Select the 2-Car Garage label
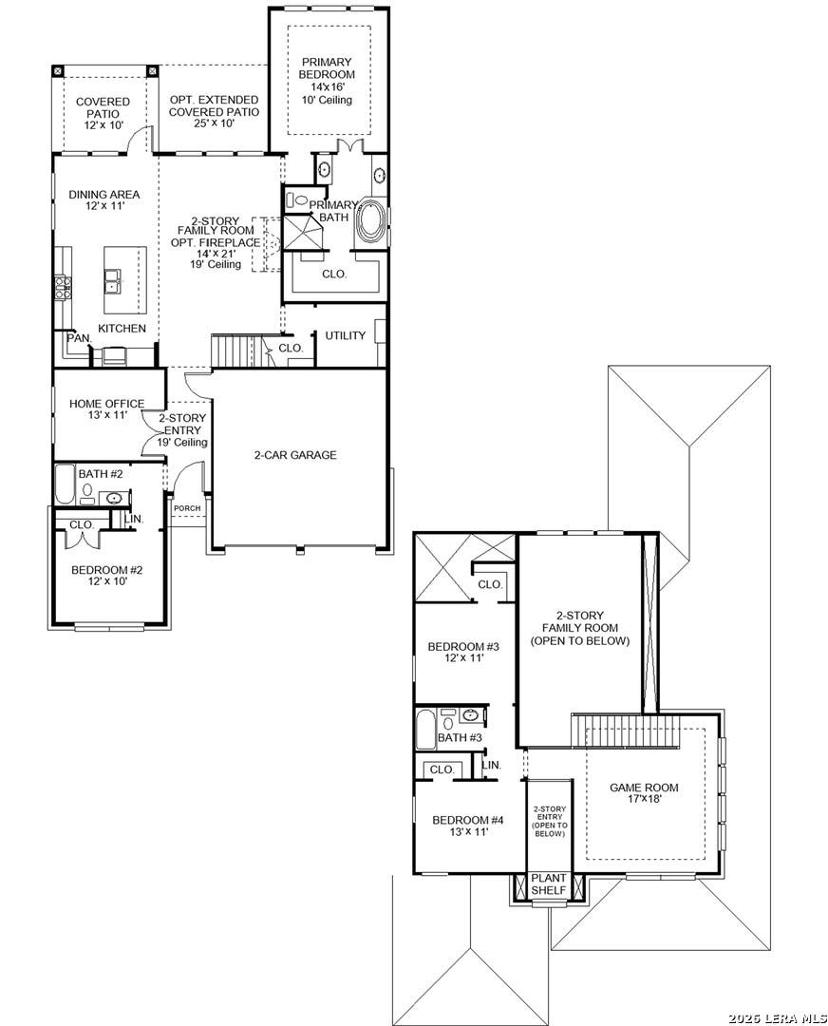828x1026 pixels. pyautogui.click(x=295, y=455)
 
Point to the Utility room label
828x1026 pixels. pyautogui.click(x=346, y=335)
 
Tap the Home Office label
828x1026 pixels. pyautogui.click(x=106, y=408)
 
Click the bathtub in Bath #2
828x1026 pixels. pyautogui.click(x=65, y=484)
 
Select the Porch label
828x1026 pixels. pyautogui.click(x=187, y=508)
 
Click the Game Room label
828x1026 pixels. pyautogui.click(x=644, y=793)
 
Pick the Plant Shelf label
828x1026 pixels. pyautogui.click(x=549, y=884)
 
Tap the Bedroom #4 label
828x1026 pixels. pyautogui.click(x=467, y=826)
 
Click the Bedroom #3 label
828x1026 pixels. pyautogui.click(x=463, y=653)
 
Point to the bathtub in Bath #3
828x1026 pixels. pyautogui.click(x=425, y=729)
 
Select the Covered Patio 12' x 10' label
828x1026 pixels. pyautogui.click(x=103, y=113)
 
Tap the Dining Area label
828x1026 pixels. pyautogui.click(x=104, y=199)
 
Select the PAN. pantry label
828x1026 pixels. pyautogui.click(x=79, y=338)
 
